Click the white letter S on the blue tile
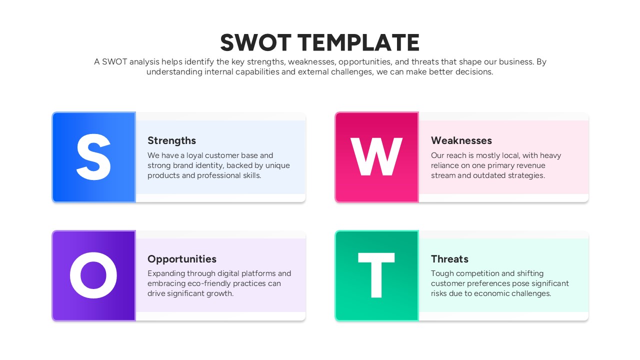coord(93,157)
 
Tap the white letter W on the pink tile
coord(376,157)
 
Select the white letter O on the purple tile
coord(93,275)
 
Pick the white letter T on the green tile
coord(376,275)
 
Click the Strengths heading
coord(171,140)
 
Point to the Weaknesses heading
coord(461,140)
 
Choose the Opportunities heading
coord(181,259)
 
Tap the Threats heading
coord(449,259)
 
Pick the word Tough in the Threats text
coord(442,273)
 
